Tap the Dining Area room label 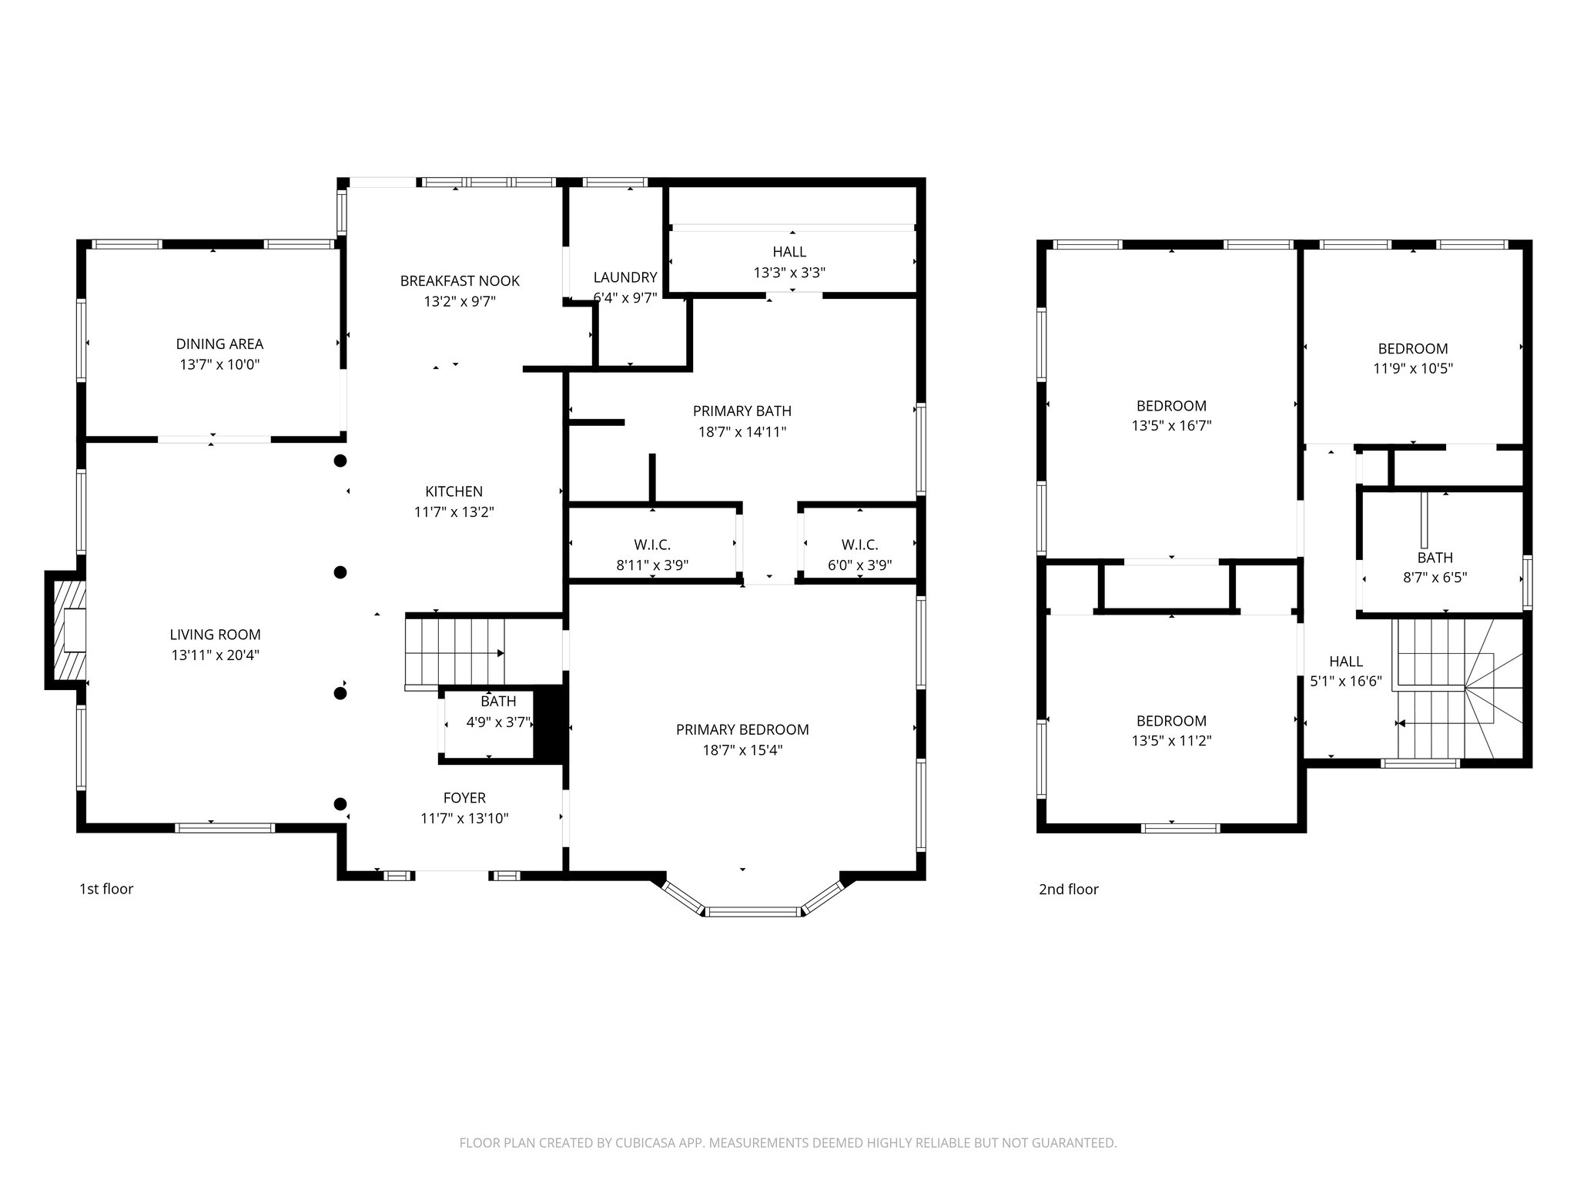(219, 344)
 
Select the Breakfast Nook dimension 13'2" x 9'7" (460, 301)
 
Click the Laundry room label (624, 277)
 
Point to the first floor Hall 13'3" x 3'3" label (789, 262)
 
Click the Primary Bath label (742, 411)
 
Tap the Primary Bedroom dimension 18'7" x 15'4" (742, 750)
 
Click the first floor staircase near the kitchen (454, 652)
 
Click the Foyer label (464, 798)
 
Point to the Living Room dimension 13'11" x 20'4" (216, 655)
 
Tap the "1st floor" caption (106, 889)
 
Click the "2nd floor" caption (1068, 890)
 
